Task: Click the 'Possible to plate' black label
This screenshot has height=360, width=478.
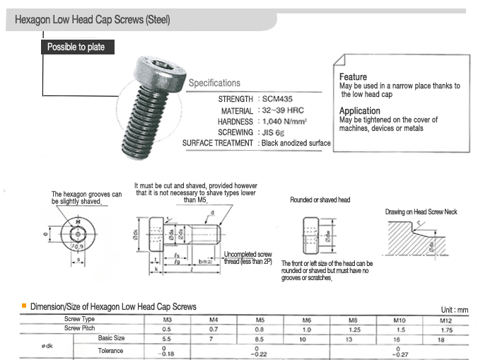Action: point(76,47)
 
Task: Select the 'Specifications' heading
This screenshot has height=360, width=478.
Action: point(214,83)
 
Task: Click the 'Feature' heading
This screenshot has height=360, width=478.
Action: point(353,76)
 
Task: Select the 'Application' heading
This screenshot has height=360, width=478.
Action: point(359,111)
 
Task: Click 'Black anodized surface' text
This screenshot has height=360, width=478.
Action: point(296,143)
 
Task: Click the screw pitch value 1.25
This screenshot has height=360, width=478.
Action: point(354,329)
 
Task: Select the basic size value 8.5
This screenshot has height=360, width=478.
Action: point(261,339)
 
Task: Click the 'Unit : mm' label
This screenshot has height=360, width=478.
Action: point(454,310)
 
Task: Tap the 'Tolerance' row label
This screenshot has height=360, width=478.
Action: point(110,350)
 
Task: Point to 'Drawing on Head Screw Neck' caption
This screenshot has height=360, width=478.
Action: point(421,212)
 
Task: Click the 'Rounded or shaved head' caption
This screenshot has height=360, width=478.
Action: point(320,200)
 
